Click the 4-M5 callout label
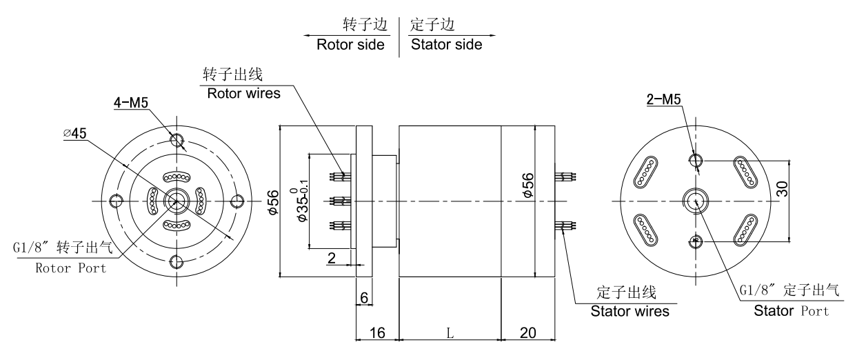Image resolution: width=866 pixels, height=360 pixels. coord(131,105)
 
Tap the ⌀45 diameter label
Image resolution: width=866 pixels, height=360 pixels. coord(75,134)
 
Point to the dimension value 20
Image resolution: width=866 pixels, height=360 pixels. coord(528,332)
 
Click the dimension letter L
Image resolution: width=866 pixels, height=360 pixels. coord(450,332)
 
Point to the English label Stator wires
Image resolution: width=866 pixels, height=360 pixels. coord(630,311)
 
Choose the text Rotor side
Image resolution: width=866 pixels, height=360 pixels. coord(350,46)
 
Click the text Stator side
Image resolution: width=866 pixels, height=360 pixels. coord(446,46)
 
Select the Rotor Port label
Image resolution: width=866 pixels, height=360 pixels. coord(71,268)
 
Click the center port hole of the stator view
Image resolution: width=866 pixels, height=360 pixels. coord(696,200)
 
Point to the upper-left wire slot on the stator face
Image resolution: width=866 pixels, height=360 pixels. coord(647,171)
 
